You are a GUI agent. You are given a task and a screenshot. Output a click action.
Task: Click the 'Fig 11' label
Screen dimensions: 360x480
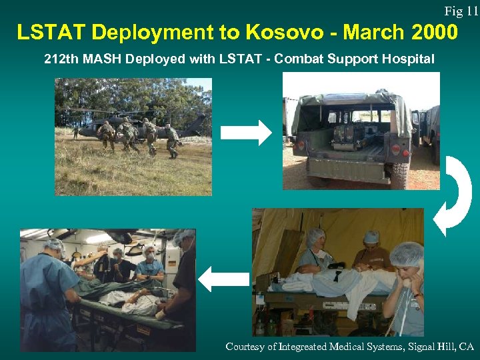[461, 11]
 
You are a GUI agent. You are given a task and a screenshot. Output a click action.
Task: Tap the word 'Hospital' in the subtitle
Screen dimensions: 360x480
[408, 59]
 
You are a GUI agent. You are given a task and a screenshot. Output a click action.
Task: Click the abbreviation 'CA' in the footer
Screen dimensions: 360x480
[466, 347]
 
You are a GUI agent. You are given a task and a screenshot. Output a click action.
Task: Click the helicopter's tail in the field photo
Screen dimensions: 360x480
[197, 123]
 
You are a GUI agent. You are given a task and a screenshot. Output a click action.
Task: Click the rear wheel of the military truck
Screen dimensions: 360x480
[399, 175]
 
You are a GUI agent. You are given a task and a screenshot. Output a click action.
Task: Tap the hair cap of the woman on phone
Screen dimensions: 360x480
[406, 253]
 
